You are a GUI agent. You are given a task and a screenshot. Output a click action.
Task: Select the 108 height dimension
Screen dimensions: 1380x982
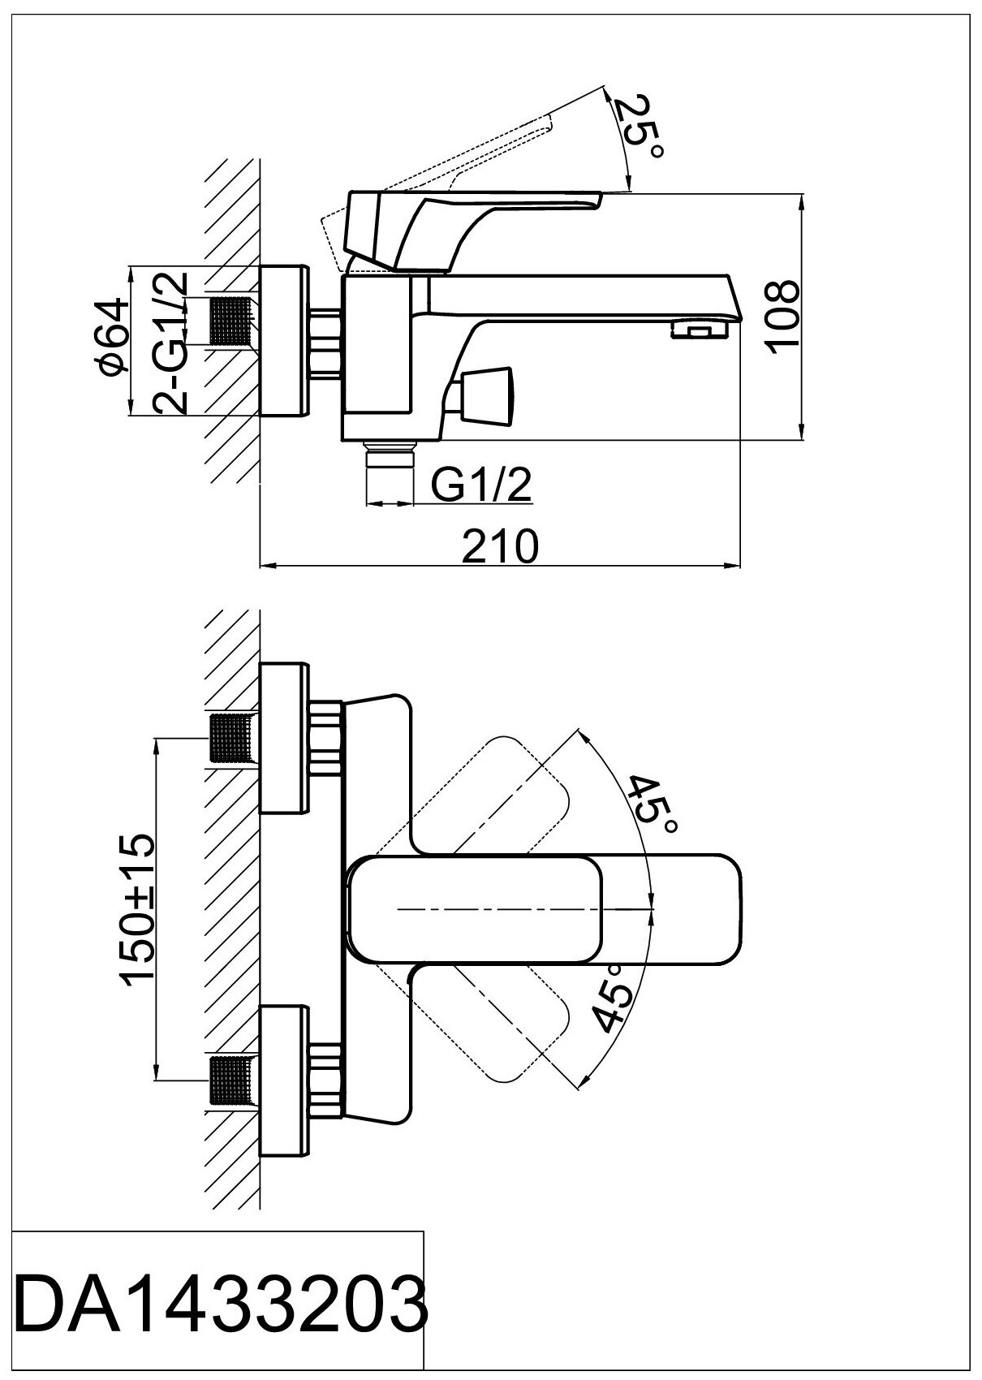(782, 315)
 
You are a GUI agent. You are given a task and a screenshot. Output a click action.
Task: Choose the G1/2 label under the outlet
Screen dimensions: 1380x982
(480, 486)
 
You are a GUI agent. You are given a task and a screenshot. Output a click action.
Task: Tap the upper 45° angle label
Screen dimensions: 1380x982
(654, 804)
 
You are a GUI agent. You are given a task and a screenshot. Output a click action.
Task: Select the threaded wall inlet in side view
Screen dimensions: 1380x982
(234, 321)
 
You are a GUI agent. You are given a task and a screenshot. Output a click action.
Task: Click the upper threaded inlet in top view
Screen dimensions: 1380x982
(234, 738)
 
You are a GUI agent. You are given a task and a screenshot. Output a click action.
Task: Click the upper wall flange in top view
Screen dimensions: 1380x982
(284, 738)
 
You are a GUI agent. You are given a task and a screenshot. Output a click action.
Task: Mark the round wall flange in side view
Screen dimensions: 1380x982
(284, 341)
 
